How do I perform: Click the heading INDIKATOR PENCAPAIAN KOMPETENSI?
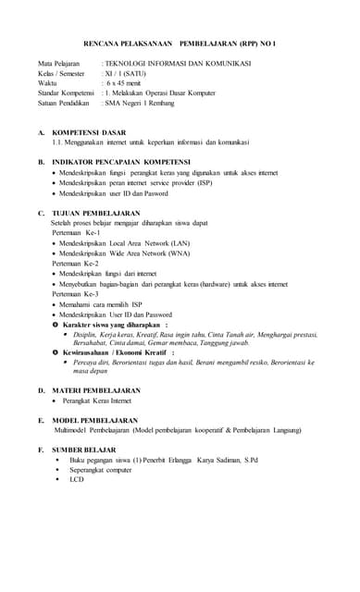tap(121, 161)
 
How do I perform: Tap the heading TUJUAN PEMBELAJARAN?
tap(96, 214)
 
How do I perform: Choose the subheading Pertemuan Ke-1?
tap(75, 233)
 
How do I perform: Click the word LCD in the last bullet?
tap(77, 479)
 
